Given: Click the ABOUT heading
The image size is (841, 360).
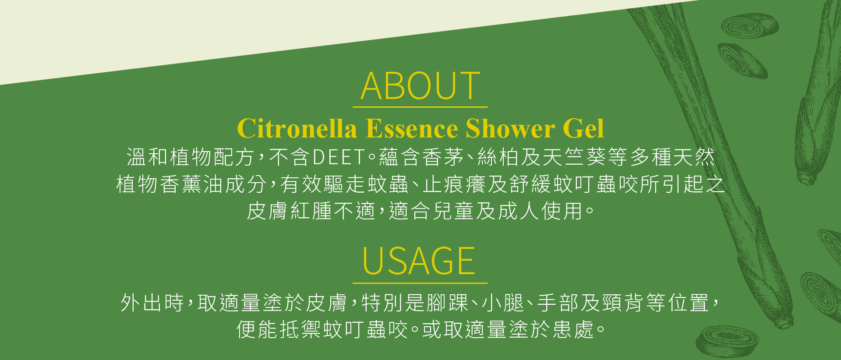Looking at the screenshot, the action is pyautogui.click(x=420, y=86).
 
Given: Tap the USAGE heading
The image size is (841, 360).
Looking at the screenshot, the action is pyautogui.click(x=419, y=261).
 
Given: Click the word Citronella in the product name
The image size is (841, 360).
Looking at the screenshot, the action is pyautogui.click(x=297, y=128).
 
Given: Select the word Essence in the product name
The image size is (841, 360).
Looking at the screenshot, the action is pyautogui.click(x=412, y=128).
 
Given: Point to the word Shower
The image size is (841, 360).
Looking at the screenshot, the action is pyautogui.click(x=510, y=128).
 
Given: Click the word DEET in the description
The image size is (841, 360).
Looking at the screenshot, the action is pyautogui.click(x=339, y=157).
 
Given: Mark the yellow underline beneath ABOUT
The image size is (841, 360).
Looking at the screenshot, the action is pyautogui.click(x=420, y=107).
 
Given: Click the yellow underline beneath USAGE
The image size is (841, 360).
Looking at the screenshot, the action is pyautogui.click(x=420, y=283).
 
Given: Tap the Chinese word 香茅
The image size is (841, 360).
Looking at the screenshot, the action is pyautogui.click(x=443, y=157).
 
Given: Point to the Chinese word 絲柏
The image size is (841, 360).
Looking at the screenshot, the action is pyautogui.click(x=498, y=157).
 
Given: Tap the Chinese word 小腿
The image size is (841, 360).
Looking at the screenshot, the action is pyautogui.click(x=503, y=303).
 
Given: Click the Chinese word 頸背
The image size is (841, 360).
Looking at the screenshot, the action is pyautogui.click(x=623, y=303).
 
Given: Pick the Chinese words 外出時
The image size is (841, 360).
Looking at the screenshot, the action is pyautogui.click(x=152, y=303).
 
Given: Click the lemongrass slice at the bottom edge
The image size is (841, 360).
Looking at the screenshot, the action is pyautogui.click(x=728, y=342).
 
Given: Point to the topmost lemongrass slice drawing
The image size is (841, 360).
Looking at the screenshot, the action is pyautogui.click(x=750, y=25).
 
